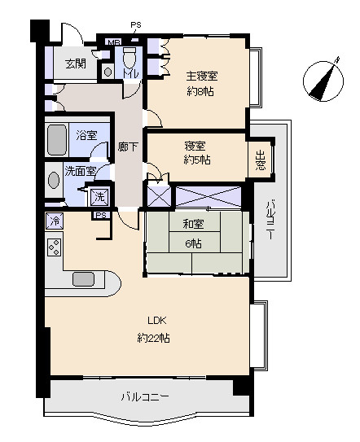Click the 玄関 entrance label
76,64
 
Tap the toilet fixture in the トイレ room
130,59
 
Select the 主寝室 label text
202,76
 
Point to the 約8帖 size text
200,91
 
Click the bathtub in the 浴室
57,140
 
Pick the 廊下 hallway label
128,147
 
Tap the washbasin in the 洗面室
54,180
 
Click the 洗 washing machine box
99,196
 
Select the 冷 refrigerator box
55,221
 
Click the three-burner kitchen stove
55,247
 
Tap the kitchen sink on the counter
83,279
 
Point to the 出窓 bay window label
260,160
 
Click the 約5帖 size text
197,160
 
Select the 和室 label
193,224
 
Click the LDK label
157,320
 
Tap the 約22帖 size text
153,338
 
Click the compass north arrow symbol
323,81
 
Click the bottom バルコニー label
145,397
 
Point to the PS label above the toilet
136,24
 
